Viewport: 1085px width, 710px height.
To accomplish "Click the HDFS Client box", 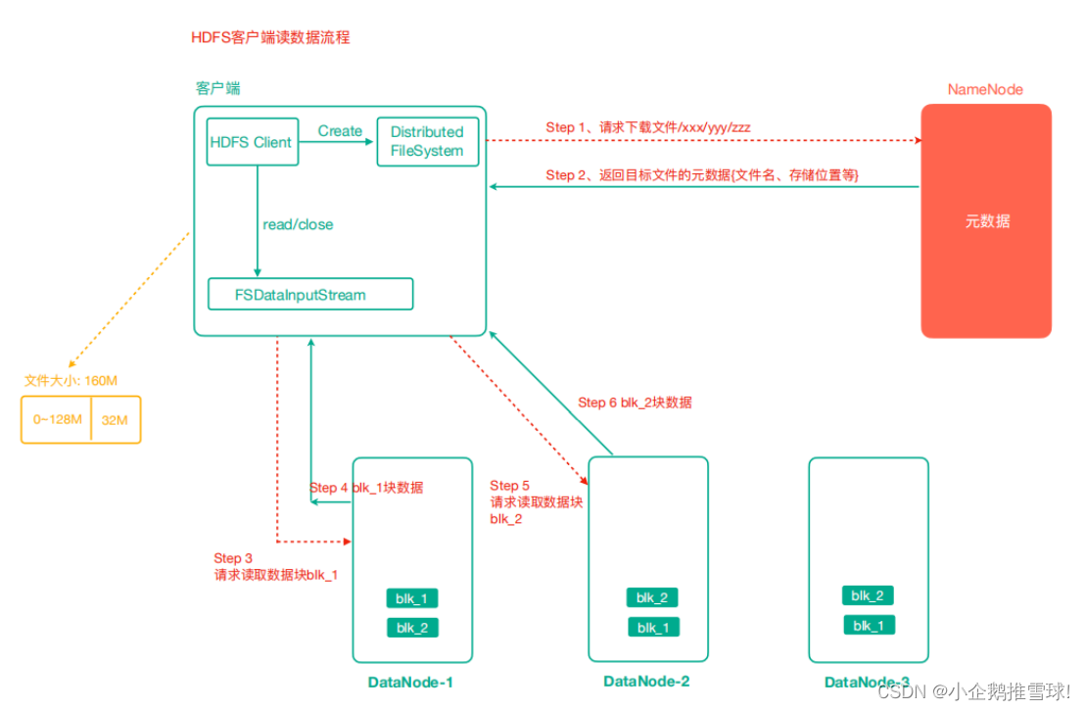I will (x=252, y=142).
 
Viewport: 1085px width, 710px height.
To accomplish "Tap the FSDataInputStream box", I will (x=309, y=294).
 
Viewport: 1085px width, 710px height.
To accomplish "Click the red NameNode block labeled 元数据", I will (x=985, y=221).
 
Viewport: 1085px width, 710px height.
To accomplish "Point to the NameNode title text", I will (x=985, y=89).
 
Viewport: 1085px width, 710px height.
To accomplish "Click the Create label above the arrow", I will (x=340, y=130).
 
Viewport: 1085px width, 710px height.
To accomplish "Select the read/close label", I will (x=298, y=224).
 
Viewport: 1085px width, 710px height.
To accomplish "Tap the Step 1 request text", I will (x=648, y=127).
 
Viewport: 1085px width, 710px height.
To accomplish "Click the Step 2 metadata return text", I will (x=702, y=174).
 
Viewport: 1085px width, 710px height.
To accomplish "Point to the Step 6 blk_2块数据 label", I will (x=636, y=402).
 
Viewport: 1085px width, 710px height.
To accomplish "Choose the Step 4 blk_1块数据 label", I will (x=367, y=488).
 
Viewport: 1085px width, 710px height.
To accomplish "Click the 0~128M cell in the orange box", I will (x=56, y=419).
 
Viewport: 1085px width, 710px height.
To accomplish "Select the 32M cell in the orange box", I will (x=116, y=419).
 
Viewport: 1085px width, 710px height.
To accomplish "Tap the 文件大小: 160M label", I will (x=71, y=380).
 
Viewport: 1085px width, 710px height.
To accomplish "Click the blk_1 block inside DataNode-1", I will (x=412, y=598).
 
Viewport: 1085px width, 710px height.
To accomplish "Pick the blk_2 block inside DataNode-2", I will (x=652, y=597).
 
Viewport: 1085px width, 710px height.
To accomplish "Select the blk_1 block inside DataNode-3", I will (x=868, y=625).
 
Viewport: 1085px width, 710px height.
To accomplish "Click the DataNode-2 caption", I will (x=646, y=681).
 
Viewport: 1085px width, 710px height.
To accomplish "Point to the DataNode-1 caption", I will (x=410, y=682).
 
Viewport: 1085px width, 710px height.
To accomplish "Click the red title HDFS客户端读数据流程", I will (x=270, y=37).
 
